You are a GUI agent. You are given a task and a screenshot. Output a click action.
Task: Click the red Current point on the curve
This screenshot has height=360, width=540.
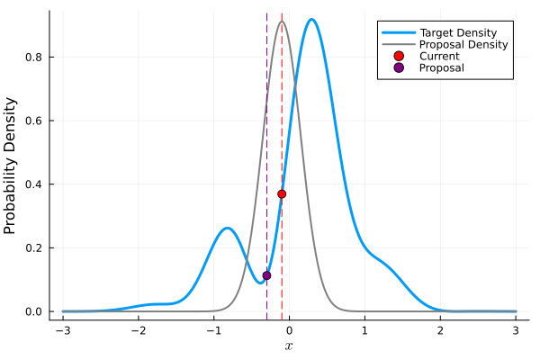tap(282, 193)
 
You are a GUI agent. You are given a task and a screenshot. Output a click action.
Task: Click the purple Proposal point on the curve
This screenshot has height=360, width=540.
tap(266, 275)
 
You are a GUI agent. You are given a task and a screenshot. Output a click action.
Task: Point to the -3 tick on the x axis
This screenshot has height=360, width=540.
tap(62, 330)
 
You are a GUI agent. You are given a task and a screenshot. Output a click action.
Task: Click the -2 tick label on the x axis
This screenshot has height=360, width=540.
tap(138, 330)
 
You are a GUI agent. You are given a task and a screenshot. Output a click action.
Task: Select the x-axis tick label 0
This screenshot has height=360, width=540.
tap(289, 330)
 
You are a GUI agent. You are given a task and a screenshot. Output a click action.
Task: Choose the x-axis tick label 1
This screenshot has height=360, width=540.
tap(364, 330)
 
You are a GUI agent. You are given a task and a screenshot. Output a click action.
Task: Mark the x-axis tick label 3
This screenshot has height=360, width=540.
tap(516, 330)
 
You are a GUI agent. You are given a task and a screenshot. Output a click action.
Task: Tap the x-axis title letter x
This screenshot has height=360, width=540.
tap(289, 346)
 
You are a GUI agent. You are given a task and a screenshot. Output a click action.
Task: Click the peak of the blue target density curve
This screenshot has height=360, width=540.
tap(311, 20)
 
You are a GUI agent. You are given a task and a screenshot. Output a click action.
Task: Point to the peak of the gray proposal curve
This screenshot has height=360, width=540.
tap(282, 22)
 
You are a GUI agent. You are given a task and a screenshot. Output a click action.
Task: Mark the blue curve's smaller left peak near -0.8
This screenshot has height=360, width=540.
tap(228, 228)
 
